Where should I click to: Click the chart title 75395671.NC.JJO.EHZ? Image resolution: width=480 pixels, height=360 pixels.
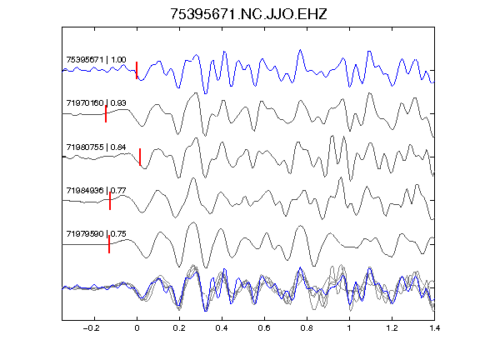click(x=248, y=14)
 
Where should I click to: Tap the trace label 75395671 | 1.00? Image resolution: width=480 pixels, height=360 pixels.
click(x=96, y=59)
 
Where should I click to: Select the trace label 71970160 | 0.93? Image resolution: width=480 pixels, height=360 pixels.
click(x=96, y=102)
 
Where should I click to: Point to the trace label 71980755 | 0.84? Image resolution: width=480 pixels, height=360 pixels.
click(x=96, y=147)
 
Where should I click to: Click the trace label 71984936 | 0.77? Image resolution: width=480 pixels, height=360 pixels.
click(x=96, y=190)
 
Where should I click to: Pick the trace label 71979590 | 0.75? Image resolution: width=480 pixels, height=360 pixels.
click(x=96, y=234)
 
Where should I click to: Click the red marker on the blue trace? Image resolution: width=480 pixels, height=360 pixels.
click(x=137, y=70)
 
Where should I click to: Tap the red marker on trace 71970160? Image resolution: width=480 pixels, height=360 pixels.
click(x=106, y=114)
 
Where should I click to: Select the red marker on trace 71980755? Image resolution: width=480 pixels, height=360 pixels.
click(x=140, y=157)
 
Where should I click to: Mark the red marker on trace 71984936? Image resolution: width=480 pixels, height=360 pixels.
click(x=110, y=201)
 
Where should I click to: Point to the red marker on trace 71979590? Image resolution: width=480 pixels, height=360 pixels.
click(x=109, y=244)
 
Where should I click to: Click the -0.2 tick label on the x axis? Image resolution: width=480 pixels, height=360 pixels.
click(x=92, y=328)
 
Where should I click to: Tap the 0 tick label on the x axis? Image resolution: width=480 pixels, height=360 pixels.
click(x=137, y=328)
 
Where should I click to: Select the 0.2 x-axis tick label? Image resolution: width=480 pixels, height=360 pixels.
click(x=179, y=328)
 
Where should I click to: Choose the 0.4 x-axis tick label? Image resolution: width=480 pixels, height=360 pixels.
click(x=222, y=328)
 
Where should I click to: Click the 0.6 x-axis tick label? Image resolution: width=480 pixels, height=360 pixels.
click(x=264, y=328)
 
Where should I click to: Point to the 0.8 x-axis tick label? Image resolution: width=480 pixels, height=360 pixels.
click(x=307, y=328)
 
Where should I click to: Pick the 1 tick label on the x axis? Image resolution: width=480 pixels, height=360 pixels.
click(x=349, y=328)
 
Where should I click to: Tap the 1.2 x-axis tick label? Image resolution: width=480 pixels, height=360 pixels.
click(x=392, y=328)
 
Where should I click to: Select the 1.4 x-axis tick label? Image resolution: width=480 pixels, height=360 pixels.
click(x=434, y=328)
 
